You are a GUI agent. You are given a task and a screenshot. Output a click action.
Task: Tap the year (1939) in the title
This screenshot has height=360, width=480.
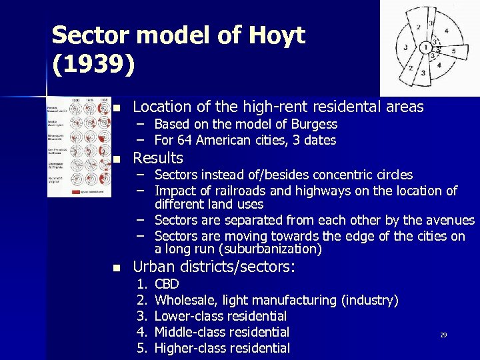pyautogui.click(x=93, y=63)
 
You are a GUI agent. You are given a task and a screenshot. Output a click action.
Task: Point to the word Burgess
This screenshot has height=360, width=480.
pyautogui.click(x=313, y=125)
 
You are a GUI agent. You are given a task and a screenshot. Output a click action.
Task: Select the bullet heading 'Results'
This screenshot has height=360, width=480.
pyautogui.click(x=158, y=159)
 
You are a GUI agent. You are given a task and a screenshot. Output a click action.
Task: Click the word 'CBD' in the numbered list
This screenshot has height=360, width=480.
pyautogui.click(x=167, y=284)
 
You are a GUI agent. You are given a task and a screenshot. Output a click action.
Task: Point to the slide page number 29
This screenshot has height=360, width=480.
pyautogui.click(x=443, y=335)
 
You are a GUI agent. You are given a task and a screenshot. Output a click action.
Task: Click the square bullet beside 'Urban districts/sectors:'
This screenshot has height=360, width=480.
pyautogui.click(x=117, y=268)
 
